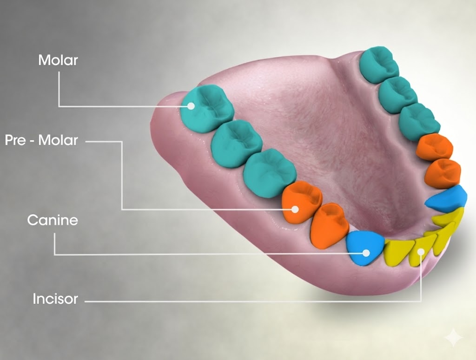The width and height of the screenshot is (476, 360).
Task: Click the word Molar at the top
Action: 58,60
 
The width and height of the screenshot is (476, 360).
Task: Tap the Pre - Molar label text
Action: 41,140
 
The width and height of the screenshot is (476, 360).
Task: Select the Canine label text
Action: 53,220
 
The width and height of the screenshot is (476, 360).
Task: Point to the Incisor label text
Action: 55,299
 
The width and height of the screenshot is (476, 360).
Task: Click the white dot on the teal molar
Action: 191,106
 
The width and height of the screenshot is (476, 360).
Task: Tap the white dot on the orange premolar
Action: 295,209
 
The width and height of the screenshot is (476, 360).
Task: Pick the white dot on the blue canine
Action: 366,253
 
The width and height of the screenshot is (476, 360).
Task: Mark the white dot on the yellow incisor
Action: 421,251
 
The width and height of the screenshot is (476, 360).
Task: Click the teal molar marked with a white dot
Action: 207,108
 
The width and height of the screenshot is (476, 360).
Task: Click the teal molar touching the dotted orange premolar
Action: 269,173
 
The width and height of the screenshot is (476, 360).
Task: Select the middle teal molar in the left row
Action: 237,143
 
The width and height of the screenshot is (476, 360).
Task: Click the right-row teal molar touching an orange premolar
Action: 419,122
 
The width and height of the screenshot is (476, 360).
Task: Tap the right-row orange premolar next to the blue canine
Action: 443,173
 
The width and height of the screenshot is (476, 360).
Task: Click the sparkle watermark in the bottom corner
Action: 453,338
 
